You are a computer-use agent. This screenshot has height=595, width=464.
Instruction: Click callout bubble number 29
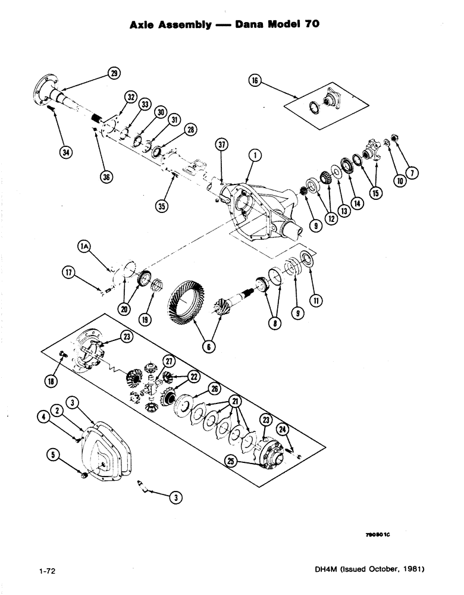(114, 73)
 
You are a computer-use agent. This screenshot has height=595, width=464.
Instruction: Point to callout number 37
(222, 145)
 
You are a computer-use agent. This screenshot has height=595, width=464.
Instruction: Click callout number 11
(316, 302)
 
